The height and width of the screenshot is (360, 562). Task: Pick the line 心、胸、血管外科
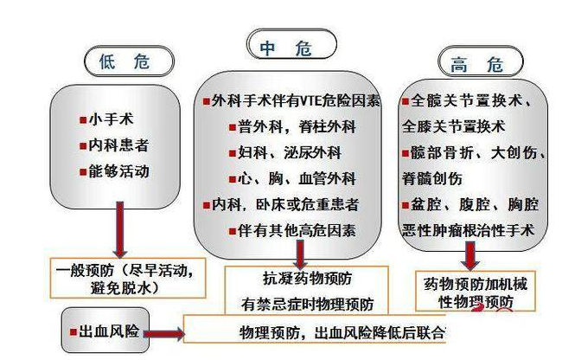[x=291, y=178]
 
